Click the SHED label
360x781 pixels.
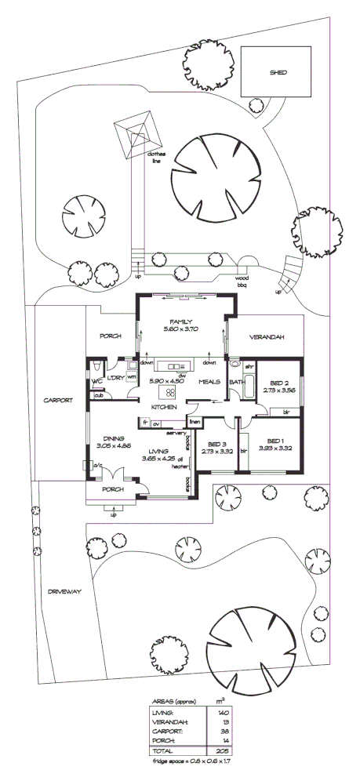point(279,72)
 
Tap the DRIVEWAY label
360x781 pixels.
point(64,591)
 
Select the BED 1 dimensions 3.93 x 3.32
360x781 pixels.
point(278,449)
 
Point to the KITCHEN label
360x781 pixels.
point(163,408)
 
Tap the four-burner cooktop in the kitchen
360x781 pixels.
point(168,391)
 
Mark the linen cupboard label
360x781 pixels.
point(195,423)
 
